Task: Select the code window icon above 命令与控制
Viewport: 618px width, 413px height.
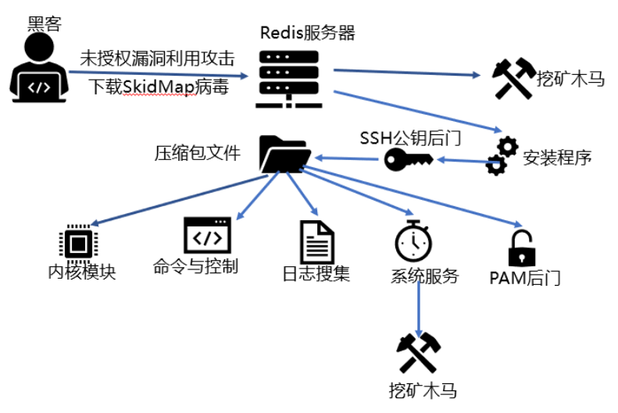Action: (206, 236)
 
